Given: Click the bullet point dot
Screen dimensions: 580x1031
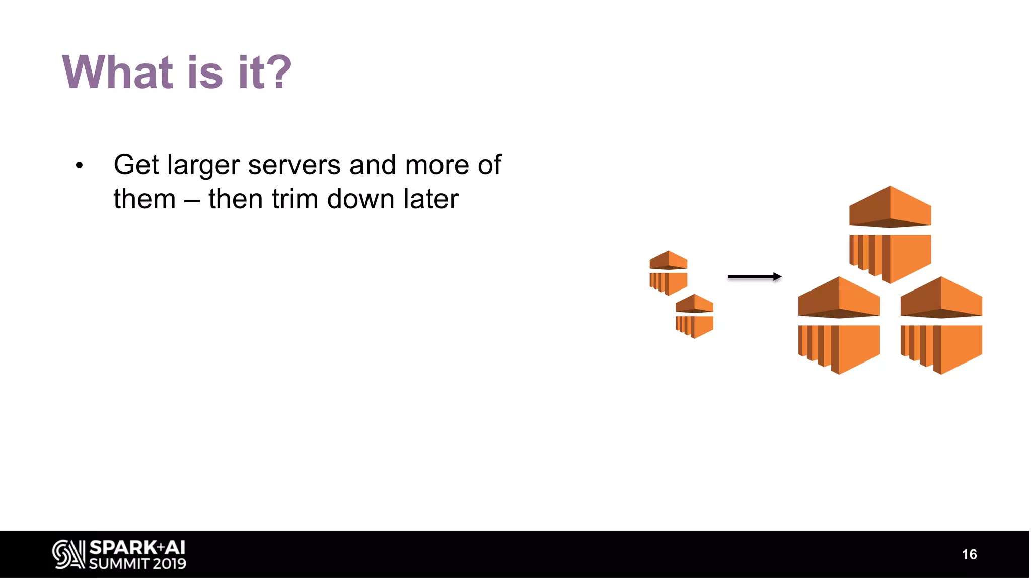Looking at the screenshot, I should click(79, 166).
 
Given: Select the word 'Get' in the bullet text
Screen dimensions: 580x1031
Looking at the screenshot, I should click(136, 165).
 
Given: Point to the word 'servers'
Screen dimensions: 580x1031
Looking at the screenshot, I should click(294, 165).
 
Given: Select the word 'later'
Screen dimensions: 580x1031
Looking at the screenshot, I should click(431, 199).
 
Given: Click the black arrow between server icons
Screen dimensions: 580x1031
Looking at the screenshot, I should click(754, 276).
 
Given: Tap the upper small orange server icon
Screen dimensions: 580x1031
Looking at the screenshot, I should click(668, 273).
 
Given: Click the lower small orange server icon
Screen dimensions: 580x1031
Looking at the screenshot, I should click(694, 316).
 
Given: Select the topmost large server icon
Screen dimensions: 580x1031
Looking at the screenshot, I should click(890, 235).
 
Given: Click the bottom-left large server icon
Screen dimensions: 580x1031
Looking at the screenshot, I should click(839, 326).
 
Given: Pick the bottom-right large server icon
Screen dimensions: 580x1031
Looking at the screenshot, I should click(941, 326).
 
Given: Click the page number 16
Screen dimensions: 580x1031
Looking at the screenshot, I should click(969, 554).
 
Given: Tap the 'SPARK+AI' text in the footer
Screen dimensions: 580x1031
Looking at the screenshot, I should click(137, 548).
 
